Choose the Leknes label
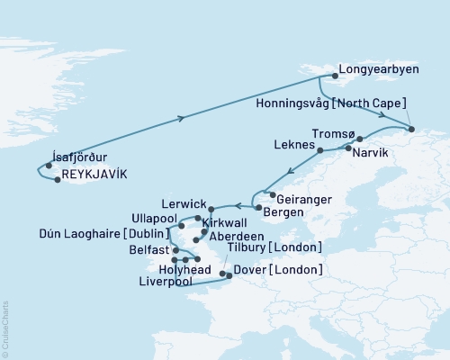click(293, 144)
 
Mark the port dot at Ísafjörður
click(49, 165)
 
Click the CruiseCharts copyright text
click(5, 325)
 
